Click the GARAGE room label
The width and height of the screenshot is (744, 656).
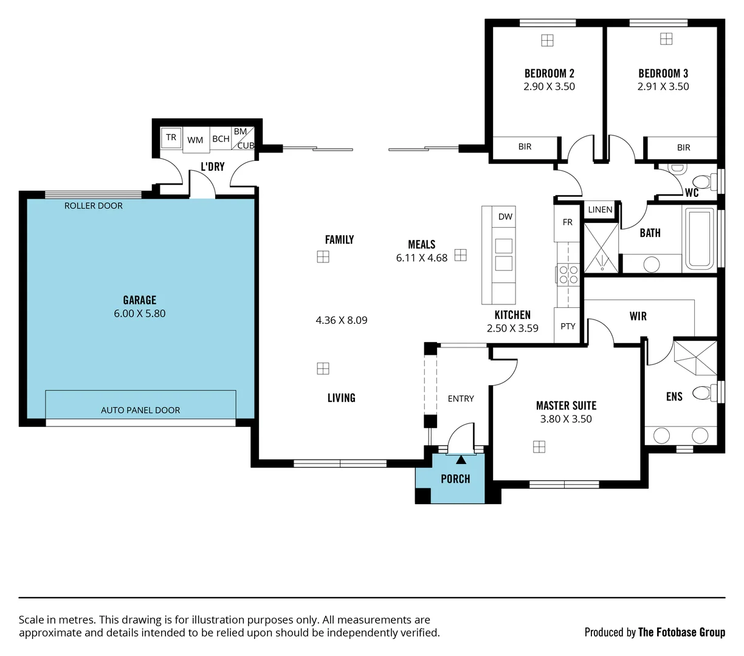point(140,300)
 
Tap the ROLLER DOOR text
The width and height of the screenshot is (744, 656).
point(93,205)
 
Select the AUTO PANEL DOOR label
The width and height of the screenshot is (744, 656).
point(140,410)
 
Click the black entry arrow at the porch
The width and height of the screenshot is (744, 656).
point(461,460)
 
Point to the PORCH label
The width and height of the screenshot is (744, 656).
point(455,479)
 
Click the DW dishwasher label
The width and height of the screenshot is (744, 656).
point(505,217)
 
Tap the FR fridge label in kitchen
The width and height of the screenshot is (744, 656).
point(567,222)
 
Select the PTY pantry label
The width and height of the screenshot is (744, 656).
point(568,326)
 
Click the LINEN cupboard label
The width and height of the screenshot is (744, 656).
point(600,210)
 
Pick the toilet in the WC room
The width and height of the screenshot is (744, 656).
point(704,182)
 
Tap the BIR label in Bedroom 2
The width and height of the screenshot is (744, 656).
point(525,146)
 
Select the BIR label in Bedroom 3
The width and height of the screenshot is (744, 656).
point(683,148)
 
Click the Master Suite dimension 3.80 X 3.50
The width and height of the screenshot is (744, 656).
point(566,419)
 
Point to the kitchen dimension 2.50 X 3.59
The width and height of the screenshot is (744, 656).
point(512,328)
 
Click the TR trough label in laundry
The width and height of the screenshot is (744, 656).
point(171,137)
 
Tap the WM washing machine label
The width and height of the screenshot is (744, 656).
point(195,140)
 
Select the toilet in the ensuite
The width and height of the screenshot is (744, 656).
point(704,393)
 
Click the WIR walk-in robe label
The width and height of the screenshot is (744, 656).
point(638,316)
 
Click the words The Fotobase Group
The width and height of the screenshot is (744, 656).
point(681,632)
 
